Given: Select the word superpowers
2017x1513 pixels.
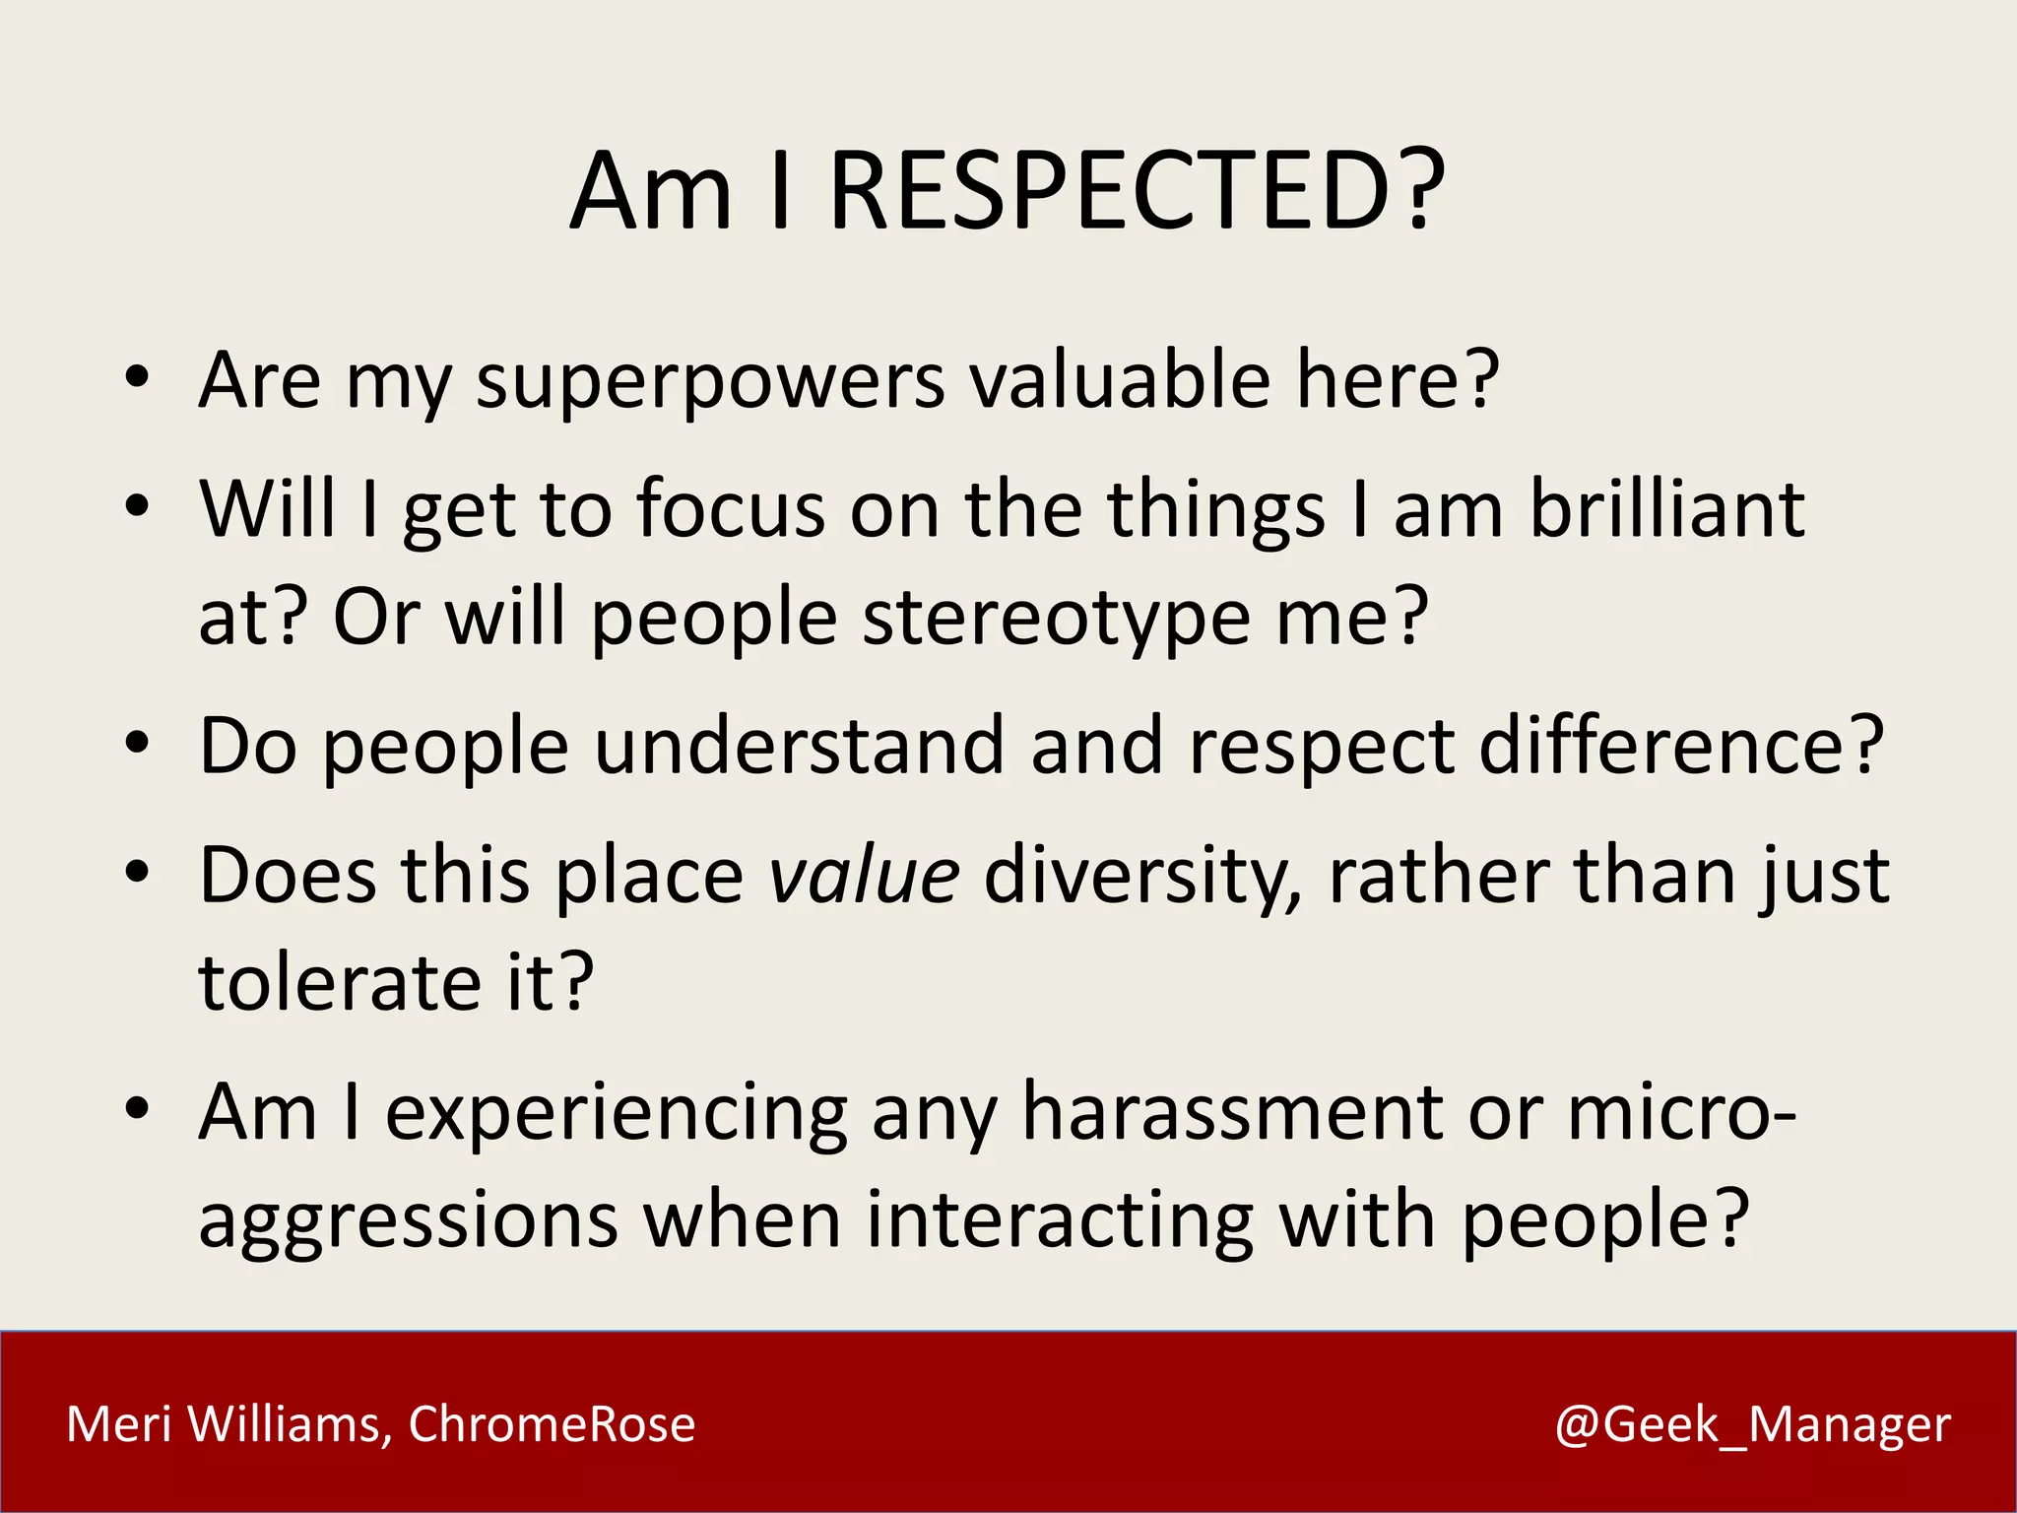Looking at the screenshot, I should [710, 382].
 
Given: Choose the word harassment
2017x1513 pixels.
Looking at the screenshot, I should [1232, 1112].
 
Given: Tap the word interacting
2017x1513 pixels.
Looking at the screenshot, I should [1059, 1221].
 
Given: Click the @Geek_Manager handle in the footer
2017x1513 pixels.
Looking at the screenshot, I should [1752, 1425].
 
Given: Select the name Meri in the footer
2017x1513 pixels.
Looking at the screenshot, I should [119, 1424].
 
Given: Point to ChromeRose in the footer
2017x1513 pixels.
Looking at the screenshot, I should [552, 1424].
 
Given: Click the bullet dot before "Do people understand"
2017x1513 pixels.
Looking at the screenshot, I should [137, 744].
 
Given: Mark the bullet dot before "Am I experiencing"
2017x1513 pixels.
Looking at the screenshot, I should [137, 1108].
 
